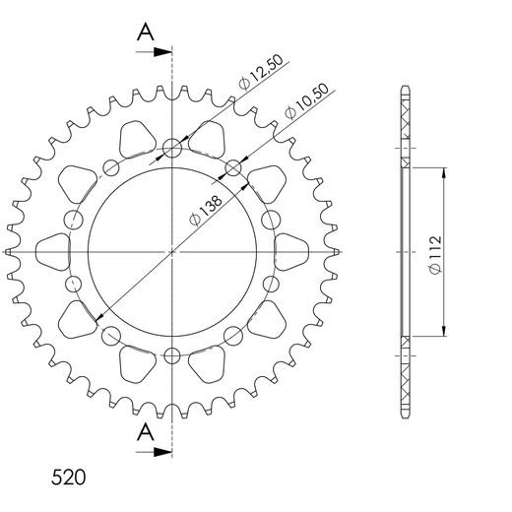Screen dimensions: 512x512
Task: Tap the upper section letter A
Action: tap(145, 32)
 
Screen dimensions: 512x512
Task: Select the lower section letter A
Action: tap(145, 430)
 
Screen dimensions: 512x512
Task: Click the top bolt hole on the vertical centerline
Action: tap(172, 150)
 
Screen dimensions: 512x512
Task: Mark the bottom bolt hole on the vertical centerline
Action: tap(172, 355)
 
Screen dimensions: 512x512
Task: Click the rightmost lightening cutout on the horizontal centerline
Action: tap(290, 253)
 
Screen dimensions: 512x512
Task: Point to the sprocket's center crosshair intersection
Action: tap(172, 253)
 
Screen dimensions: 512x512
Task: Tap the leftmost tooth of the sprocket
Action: tap(10, 253)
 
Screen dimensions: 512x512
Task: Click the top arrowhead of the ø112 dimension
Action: tap(446, 172)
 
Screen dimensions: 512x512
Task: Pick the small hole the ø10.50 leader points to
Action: tap(233, 168)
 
